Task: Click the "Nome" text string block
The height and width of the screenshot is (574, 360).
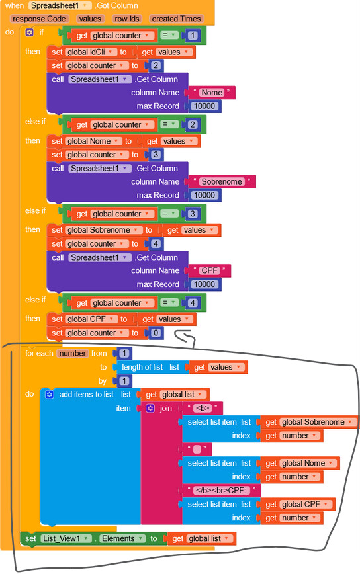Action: pyautogui.click(x=212, y=93)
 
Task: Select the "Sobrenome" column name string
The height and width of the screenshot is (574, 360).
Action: pyautogui.click(x=222, y=182)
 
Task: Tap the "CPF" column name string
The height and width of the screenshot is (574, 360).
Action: pyautogui.click(x=210, y=270)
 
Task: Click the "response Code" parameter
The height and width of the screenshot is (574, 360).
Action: pyautogui.click(x=39, y=19)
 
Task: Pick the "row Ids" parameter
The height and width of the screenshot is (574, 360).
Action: pyautogui.click(x=126, y=19)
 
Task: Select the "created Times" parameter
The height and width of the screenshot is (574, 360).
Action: pyautogui.click(x=176, y=19)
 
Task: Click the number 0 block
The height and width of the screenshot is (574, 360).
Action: pyautogui.click(x=156, y=333)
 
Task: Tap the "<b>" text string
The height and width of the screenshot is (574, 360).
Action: pyautogui.click(x=202, y=408)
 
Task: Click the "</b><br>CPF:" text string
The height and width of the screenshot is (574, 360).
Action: pyautogui.click(x=221, y=490)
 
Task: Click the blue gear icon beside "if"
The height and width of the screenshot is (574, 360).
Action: pyautogui.click(x=29, y=32)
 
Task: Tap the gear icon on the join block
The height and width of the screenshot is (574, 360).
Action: pyautogui.click(x=150, y=408)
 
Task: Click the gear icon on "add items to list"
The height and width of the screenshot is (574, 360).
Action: pyautogui.click(x=50, y=394)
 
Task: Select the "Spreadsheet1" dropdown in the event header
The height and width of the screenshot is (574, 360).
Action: pyautogui.click(x=60, y=5)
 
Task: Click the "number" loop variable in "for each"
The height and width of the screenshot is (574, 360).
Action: pyautogui.click(x=73, y=354)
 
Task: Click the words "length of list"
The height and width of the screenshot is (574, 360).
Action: pyautogui.click(x=142, y=367)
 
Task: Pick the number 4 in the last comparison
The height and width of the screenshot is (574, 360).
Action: pyautogui.click(x=193, y=303)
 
